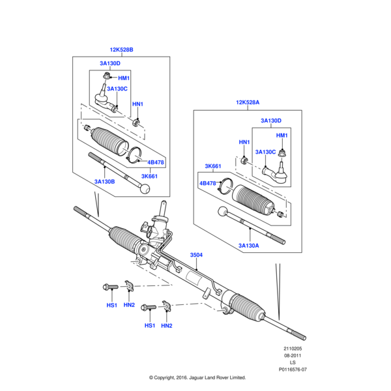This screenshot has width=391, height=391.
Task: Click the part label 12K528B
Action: coord(121,50)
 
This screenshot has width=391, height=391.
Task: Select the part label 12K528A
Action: coord(248,102)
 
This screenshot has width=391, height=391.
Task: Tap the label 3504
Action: coord(196,255)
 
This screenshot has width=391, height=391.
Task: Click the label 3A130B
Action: coord(104,182)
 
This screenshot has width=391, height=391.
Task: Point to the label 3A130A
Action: coord(249,245)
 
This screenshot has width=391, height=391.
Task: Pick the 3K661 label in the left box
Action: coord(150,176)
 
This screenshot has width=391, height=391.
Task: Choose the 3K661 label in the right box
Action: coord(214,166)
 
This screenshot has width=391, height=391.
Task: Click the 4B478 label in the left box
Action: coord(156,162)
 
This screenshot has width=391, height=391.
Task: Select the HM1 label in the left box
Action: coord(124,79)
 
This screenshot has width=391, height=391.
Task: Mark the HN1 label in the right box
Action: coord(244,142)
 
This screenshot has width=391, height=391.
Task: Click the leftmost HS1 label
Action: coord(111,305)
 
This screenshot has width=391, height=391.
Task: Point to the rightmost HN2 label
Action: coord(167,325)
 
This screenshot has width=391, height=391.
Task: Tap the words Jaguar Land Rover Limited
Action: coord(218,377)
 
